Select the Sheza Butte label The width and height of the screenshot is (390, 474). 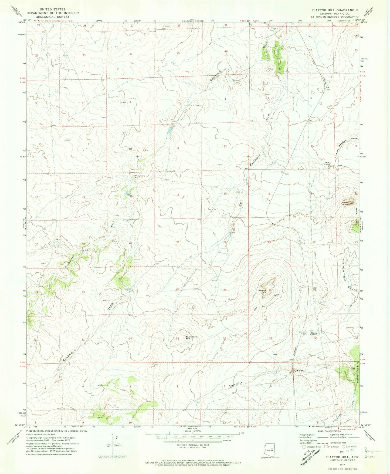tap(346, 203)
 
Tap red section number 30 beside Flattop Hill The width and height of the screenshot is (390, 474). tap(270, 290)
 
